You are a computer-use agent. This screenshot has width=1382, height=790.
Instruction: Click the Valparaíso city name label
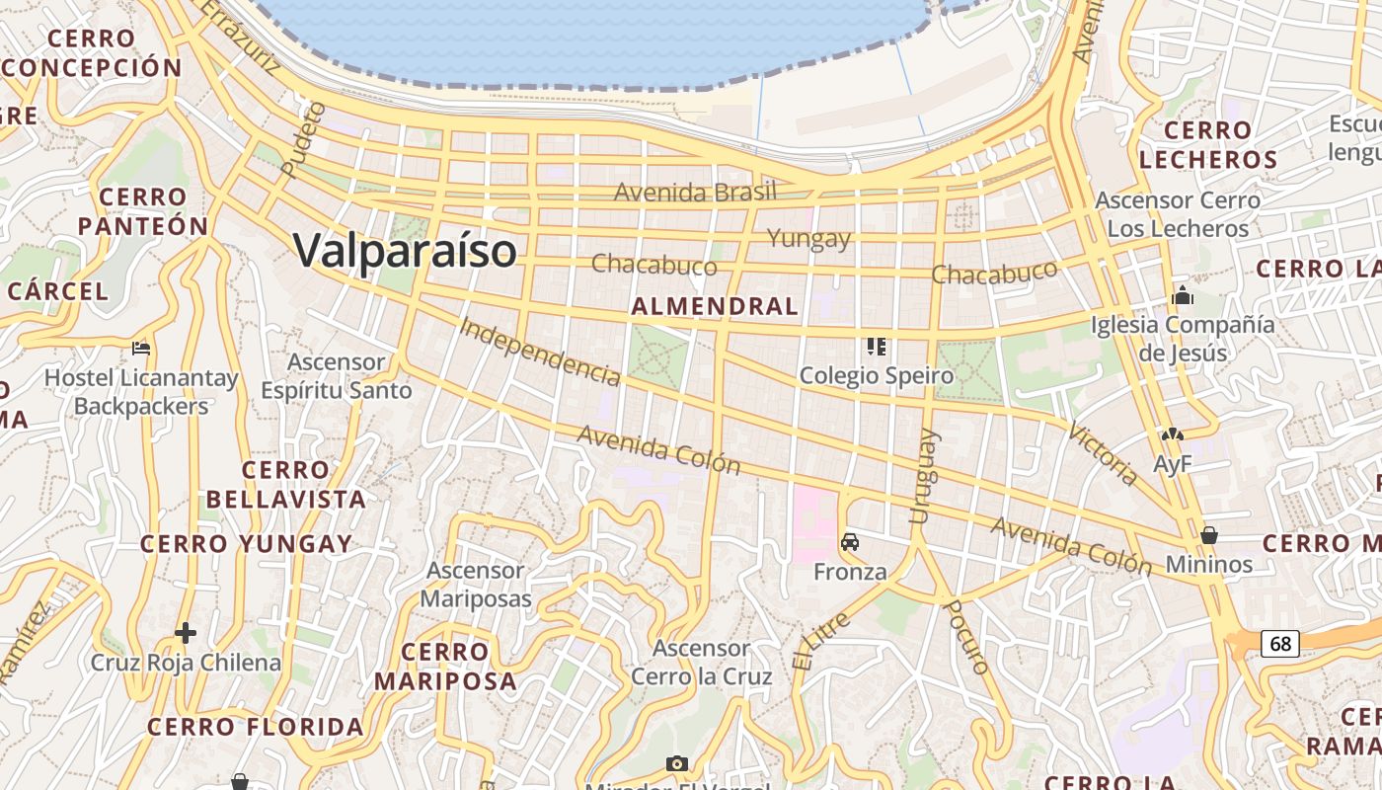405,250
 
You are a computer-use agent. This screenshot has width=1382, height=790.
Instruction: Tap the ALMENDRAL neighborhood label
715,306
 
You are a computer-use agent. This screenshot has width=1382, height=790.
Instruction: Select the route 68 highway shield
1280,644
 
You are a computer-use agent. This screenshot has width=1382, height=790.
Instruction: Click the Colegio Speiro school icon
876,346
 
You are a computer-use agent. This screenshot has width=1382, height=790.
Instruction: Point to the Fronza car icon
850,542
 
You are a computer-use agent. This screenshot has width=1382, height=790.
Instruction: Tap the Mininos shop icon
1209,535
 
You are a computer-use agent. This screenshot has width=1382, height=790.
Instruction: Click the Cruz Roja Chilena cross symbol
186,632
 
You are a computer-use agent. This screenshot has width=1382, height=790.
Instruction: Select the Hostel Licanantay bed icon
141,348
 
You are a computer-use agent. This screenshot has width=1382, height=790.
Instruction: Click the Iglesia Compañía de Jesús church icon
1182,295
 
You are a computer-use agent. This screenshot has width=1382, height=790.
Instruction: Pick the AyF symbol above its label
1172,434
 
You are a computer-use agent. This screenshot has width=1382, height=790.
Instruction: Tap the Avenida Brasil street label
695,192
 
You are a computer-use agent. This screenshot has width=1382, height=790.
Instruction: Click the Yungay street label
808,238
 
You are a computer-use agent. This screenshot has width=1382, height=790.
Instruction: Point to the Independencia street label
541,352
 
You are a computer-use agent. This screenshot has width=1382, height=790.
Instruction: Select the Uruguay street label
920,476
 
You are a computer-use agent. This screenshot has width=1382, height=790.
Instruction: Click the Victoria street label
1104,454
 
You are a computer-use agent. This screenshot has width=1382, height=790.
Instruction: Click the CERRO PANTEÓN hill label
143,211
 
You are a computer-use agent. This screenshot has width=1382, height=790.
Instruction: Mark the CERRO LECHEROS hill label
1208,144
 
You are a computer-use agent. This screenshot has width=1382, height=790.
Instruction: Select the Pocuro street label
966,637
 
